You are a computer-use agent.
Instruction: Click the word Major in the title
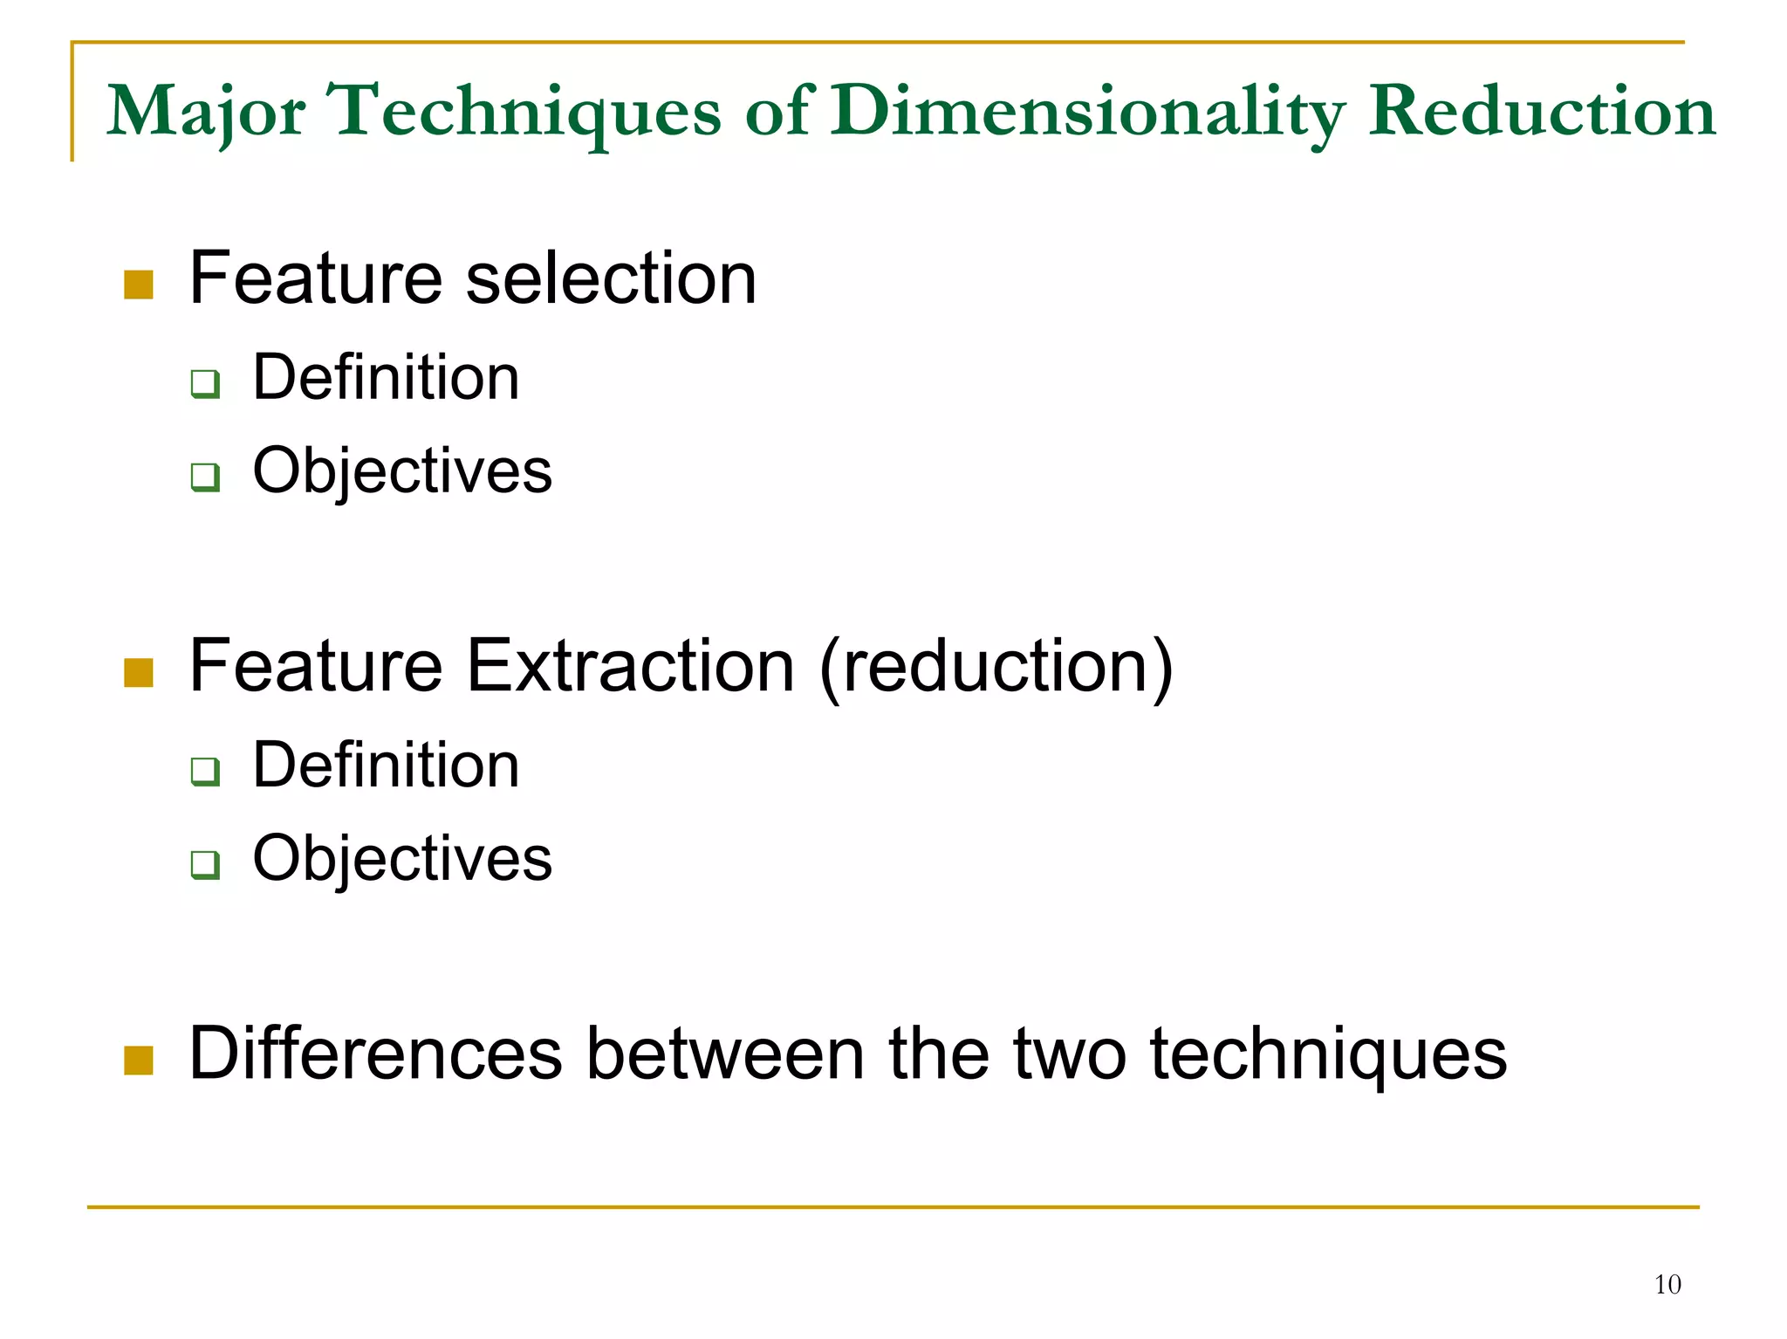pos(205,112)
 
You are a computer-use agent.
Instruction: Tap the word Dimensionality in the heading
pos(1087,112)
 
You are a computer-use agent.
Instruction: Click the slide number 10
pos(1667,1284)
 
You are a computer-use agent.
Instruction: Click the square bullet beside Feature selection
pos(139,285)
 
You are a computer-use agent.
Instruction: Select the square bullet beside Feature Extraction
pos(139,672)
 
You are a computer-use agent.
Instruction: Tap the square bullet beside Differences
pos(139,1060)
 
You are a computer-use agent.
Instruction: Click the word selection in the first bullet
pos(611,278)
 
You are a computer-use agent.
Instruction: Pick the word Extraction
pos(630,666)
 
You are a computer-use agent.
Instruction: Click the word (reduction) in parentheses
pos(996,668)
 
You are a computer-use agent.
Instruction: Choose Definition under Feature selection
pos(386,377)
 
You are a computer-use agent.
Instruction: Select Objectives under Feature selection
pos(402,471)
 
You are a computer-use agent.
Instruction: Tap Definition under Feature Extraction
pos(386,765)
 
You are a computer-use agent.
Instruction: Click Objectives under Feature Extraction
pos(402,859)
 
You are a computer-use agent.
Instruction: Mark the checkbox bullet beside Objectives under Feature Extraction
pos(205,864)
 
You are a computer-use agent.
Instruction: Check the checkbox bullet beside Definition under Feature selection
pos(205,383)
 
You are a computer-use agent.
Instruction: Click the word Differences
pos(375,1054)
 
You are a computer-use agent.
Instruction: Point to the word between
pos(726,1054)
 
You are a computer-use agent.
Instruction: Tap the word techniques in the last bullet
pos(1328,1055)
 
